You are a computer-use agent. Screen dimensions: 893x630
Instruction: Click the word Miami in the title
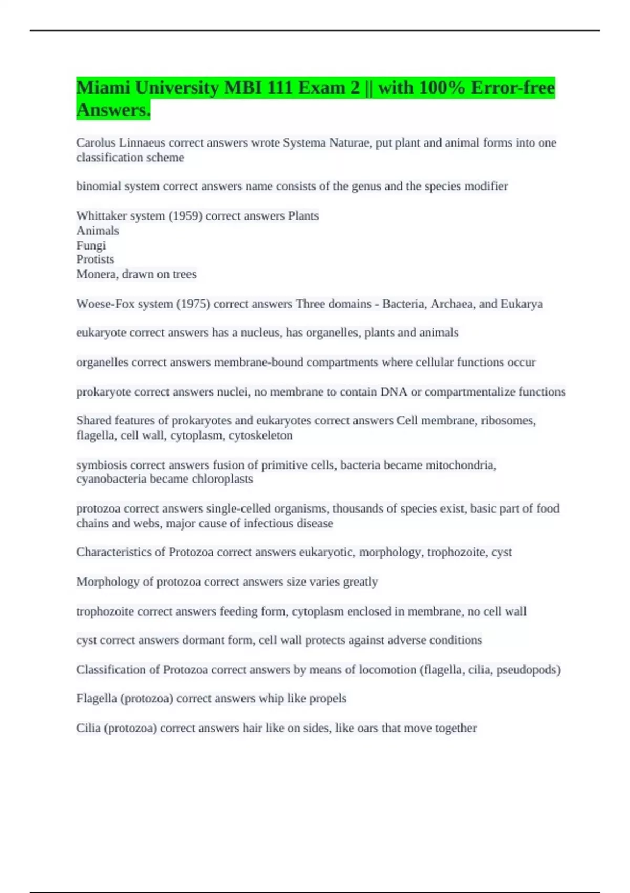[x=103, y=88]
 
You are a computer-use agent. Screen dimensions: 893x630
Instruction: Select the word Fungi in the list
[x=91, y=245]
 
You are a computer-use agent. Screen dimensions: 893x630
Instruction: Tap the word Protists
[x=95, y=259]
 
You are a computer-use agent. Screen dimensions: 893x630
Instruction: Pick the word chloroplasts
[x=222, y=479]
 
